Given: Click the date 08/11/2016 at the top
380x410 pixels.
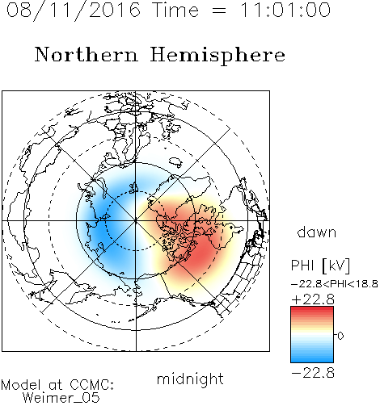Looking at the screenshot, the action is click(x=74, y=10).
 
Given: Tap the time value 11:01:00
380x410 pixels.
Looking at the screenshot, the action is click(x=285, y=10).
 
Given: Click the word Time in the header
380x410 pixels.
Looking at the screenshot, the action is click(x=175, y=10).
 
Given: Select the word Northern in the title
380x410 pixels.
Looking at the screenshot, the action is click(x=87, y=54).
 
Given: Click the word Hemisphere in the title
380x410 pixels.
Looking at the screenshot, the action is click(x=217, y=56).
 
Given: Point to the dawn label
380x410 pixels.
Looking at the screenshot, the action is click(x=317, y=232).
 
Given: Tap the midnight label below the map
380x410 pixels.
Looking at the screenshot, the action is click(x=190, y=379).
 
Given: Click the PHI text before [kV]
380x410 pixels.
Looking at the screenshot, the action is click(x=302, y=266).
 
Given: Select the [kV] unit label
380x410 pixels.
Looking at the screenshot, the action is click(x=336, y=266).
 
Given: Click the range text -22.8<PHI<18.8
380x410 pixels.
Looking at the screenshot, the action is click(x=335, y=284).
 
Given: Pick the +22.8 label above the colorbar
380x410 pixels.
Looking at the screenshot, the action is click(x=313, y=299).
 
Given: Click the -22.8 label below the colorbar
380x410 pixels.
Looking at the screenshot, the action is click(x=313, y=373).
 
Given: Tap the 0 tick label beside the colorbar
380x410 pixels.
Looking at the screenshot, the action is click(x=340, y=336).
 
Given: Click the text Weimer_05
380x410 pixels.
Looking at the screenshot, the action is click(x=61, y=398).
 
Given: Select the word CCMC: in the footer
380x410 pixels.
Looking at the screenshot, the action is click(x=92, y=385).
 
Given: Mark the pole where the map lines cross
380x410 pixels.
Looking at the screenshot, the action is click(x=136, y=220).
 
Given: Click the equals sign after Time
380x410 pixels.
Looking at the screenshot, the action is click(x=219, y=10).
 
